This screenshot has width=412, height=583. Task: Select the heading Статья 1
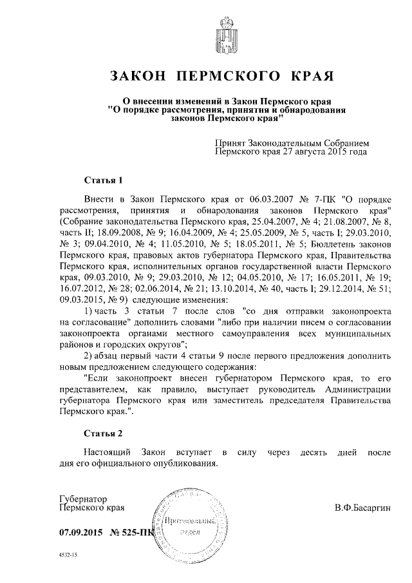click(x=103, y=179)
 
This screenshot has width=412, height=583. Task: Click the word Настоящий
click(x=106, y=454)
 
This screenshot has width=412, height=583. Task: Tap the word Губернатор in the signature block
click(x=82, y=499)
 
